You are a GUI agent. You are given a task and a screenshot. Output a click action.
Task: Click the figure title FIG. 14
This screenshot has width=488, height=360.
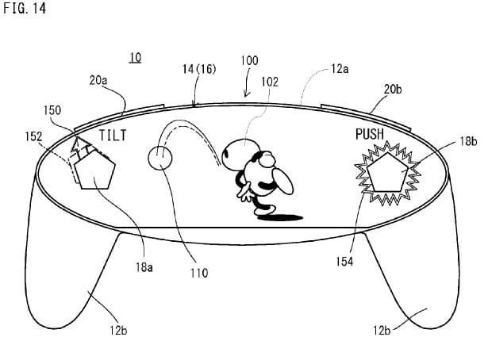[25, 8]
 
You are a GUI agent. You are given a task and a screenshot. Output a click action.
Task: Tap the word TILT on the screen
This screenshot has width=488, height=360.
[113, 136]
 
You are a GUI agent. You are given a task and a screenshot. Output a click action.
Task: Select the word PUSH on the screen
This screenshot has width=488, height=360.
[370, 134]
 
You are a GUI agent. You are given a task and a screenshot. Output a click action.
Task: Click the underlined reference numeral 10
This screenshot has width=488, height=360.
[136, 58]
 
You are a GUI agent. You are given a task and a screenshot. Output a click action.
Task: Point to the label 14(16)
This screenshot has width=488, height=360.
[199, 69]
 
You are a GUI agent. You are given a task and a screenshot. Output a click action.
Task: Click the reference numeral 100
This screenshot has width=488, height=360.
[249, 60]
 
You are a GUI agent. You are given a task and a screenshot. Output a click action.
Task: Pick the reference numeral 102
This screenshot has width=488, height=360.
[270, 82]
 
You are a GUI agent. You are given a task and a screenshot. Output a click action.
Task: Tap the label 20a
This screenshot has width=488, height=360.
[98, 81]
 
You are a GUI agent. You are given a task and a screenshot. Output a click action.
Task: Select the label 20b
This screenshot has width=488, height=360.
[393, 90]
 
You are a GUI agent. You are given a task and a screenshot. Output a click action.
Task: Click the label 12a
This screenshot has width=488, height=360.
[340, 68]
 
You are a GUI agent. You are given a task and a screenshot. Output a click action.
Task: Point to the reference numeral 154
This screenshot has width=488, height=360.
[344, 262]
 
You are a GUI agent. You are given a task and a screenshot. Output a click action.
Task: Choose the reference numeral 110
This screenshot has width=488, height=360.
[199, 273]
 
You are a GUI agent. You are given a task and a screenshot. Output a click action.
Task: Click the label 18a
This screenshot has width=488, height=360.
[144, 266]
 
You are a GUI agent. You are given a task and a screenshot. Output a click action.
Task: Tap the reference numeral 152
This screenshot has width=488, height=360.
[33, 136]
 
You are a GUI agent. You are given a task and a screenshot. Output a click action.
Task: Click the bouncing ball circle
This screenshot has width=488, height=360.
[160, 159]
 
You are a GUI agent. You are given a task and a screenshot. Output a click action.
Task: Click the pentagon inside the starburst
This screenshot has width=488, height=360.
[387, 173]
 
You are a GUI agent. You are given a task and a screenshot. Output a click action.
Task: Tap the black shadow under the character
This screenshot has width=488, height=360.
[281, 217]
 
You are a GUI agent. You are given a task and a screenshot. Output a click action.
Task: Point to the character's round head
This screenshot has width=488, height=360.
[238, 150]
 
